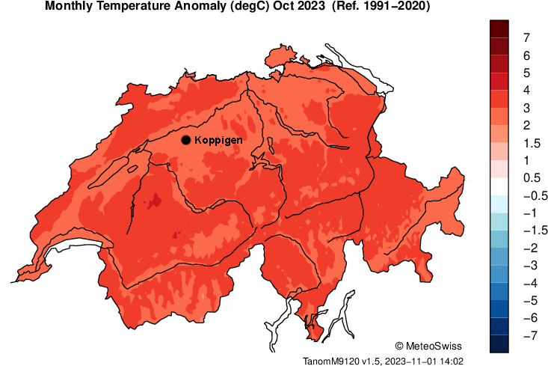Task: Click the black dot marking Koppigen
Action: (x=186, y=140)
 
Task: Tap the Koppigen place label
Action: (x=217, y=140)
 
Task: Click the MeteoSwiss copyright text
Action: (x=428, y=346)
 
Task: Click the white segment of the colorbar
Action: (x=500, y=186)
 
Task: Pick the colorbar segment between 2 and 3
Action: (x=500, y=116)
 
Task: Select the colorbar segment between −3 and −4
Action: (x=500, y=275)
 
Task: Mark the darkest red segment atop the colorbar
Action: (x=500, y=28)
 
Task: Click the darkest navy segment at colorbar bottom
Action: (x=500, y=344)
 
